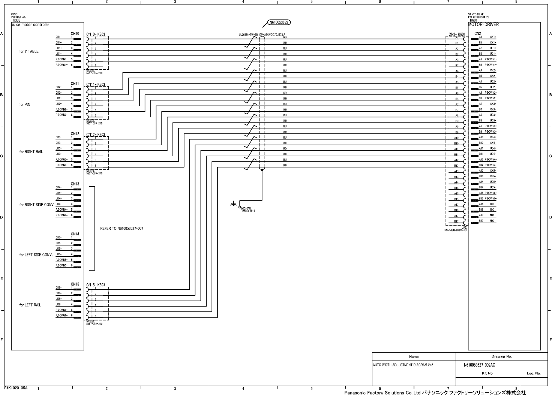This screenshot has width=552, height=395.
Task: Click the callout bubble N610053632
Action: pos(279,22)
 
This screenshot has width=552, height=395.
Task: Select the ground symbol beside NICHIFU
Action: pos(233,204)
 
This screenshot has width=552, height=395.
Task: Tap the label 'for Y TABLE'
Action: pos(29,51)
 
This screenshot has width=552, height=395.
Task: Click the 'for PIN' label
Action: pos(25,104)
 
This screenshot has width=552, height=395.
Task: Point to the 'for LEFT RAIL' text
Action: pos(30,305)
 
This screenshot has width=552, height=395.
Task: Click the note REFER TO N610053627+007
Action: pos(121,228)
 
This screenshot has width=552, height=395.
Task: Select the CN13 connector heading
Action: pos(75,184)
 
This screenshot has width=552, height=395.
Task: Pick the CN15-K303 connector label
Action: pos(96,285)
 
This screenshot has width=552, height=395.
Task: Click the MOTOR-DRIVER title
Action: pos(483,25)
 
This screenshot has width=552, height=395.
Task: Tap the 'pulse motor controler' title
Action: pos(30,25)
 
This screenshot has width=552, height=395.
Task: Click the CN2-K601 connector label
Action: pos(457,34)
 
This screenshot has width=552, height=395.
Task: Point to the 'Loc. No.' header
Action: pos(534,373)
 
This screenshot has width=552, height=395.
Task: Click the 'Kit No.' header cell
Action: pos(487,373)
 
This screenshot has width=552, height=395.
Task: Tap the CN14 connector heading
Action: pos(75,234)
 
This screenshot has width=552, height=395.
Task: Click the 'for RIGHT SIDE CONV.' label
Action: pos(36,205)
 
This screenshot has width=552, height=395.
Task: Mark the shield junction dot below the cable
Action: pos(262,170)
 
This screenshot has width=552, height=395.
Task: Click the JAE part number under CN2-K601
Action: pos(455,229)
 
